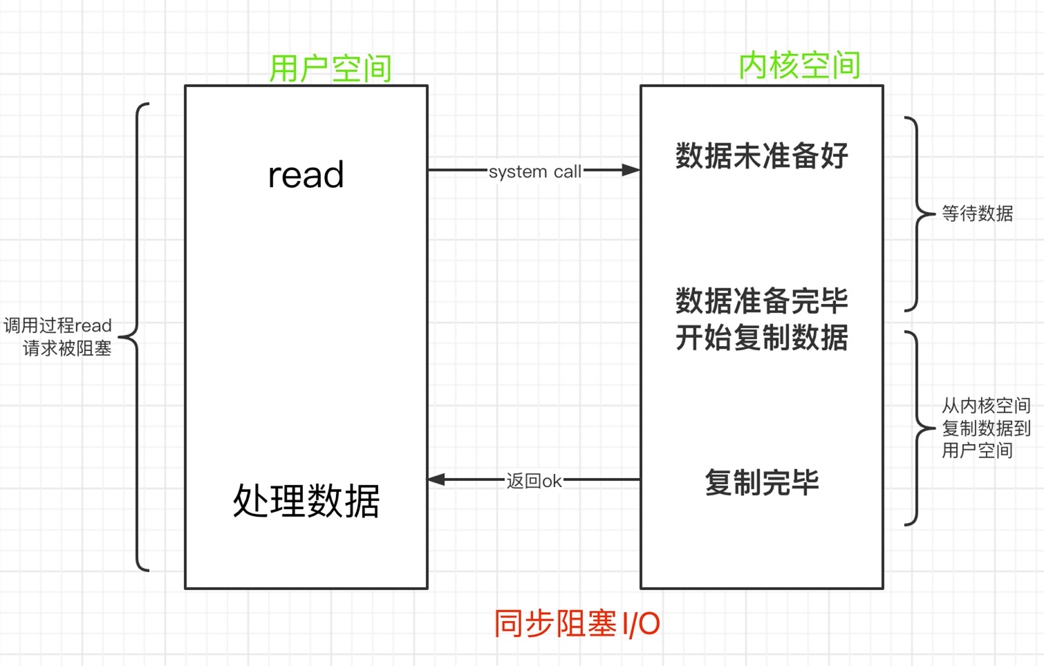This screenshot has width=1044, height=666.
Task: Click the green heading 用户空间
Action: pos(330,68)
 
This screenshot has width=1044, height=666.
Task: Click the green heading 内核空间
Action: pos(799,66)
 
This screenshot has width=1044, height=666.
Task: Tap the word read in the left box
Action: pos(306,175)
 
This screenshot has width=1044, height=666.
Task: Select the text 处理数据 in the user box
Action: pos(306,501)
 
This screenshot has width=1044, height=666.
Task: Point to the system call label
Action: pos(534,171)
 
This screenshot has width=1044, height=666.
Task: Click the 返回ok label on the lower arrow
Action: pos(534,481)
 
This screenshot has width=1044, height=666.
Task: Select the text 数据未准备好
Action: pos(761,155)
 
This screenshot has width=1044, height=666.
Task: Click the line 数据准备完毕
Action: pos(761,301)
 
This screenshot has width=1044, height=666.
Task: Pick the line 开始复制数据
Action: pos(761,338)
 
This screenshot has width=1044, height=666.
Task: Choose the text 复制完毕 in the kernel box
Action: pos(761,482)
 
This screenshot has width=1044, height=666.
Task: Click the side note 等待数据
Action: pos(977,213)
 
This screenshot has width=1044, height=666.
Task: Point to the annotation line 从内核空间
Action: pos(986,406)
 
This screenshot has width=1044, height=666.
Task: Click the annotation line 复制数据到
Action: pos(986,428)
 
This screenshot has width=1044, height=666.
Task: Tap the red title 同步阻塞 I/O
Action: pos(577,624)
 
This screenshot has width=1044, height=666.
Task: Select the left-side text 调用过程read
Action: pos(57,325)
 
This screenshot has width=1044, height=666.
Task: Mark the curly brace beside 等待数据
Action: pos(918,213)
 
